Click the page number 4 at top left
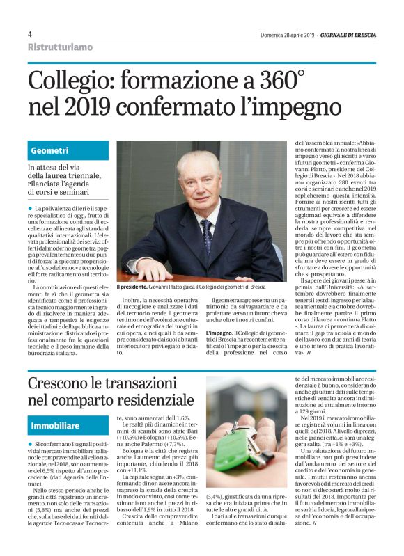point(30,33)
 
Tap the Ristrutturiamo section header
point(59,47)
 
